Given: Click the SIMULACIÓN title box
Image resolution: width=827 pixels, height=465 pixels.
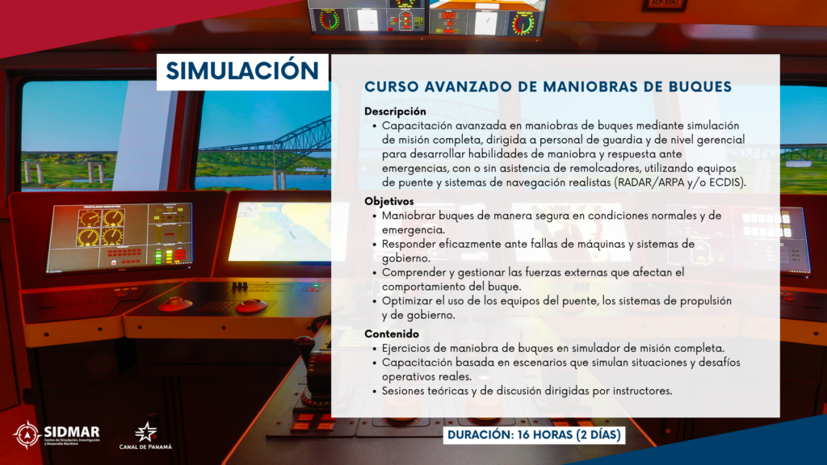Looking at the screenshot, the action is (242, 72).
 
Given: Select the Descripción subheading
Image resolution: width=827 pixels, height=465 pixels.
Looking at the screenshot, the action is (395, 111).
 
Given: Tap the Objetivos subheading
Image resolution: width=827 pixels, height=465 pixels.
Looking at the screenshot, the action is (388, 201).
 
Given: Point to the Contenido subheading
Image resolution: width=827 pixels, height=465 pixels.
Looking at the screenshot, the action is (392, 333).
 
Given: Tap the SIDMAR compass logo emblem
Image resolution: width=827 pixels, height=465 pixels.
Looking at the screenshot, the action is (27, 435).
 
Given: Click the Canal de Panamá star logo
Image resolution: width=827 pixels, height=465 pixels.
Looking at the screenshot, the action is (146, 432).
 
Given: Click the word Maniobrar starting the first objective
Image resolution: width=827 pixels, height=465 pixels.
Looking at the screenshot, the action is (409, 216).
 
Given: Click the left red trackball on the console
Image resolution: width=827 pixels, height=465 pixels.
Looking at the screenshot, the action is (175, 304).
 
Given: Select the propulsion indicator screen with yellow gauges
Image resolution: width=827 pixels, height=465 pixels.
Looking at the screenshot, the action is (120, 238).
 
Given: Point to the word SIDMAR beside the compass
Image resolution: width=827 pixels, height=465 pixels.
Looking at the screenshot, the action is (72, 432).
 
